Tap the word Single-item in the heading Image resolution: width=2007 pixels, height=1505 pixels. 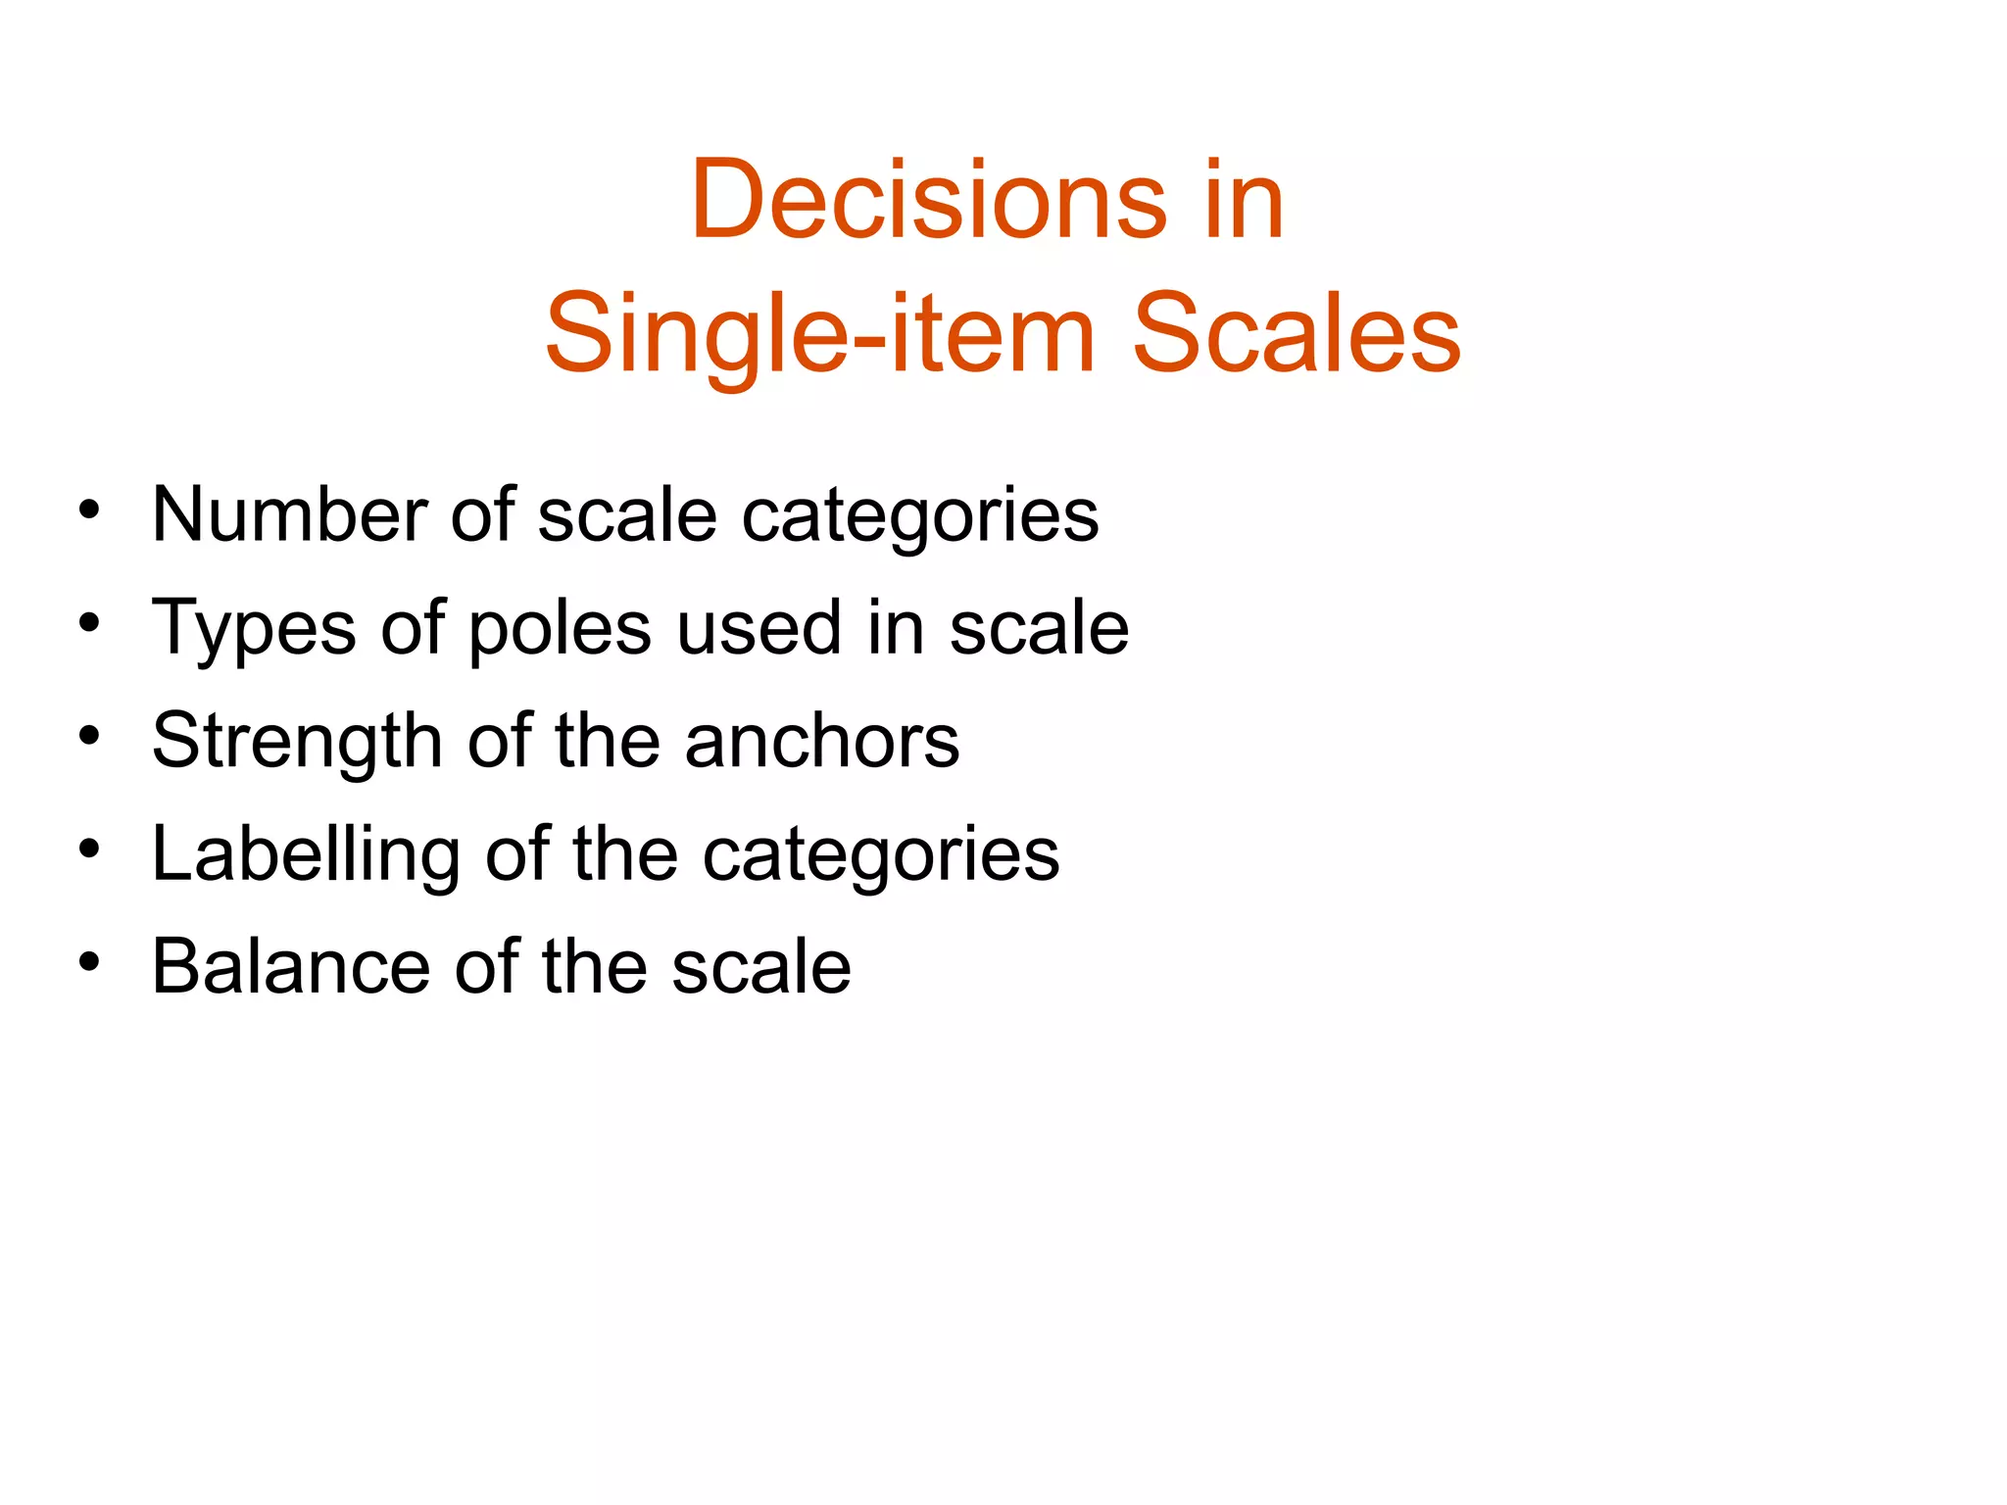[819, 335]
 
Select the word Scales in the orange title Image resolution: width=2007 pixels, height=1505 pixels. [1296, 335]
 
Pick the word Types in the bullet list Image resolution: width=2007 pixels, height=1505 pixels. [254, 628]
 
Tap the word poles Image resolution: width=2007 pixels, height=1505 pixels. [560, 628]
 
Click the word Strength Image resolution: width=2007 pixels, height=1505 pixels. [297, 742]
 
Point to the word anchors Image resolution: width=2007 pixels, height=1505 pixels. [822, 742]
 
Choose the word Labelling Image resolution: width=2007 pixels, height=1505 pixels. [306, 854]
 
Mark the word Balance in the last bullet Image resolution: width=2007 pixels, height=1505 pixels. [291, 967]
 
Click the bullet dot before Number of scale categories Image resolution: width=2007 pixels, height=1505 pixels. [90, 510]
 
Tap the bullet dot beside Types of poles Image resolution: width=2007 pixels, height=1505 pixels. [90, 623]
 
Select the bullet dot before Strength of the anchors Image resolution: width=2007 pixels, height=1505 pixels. [90, 737]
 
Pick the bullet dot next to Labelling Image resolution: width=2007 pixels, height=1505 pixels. [90, 850]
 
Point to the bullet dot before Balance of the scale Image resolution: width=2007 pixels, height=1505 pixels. [90, 962]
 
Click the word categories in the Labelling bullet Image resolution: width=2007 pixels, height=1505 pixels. [881, 854]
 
